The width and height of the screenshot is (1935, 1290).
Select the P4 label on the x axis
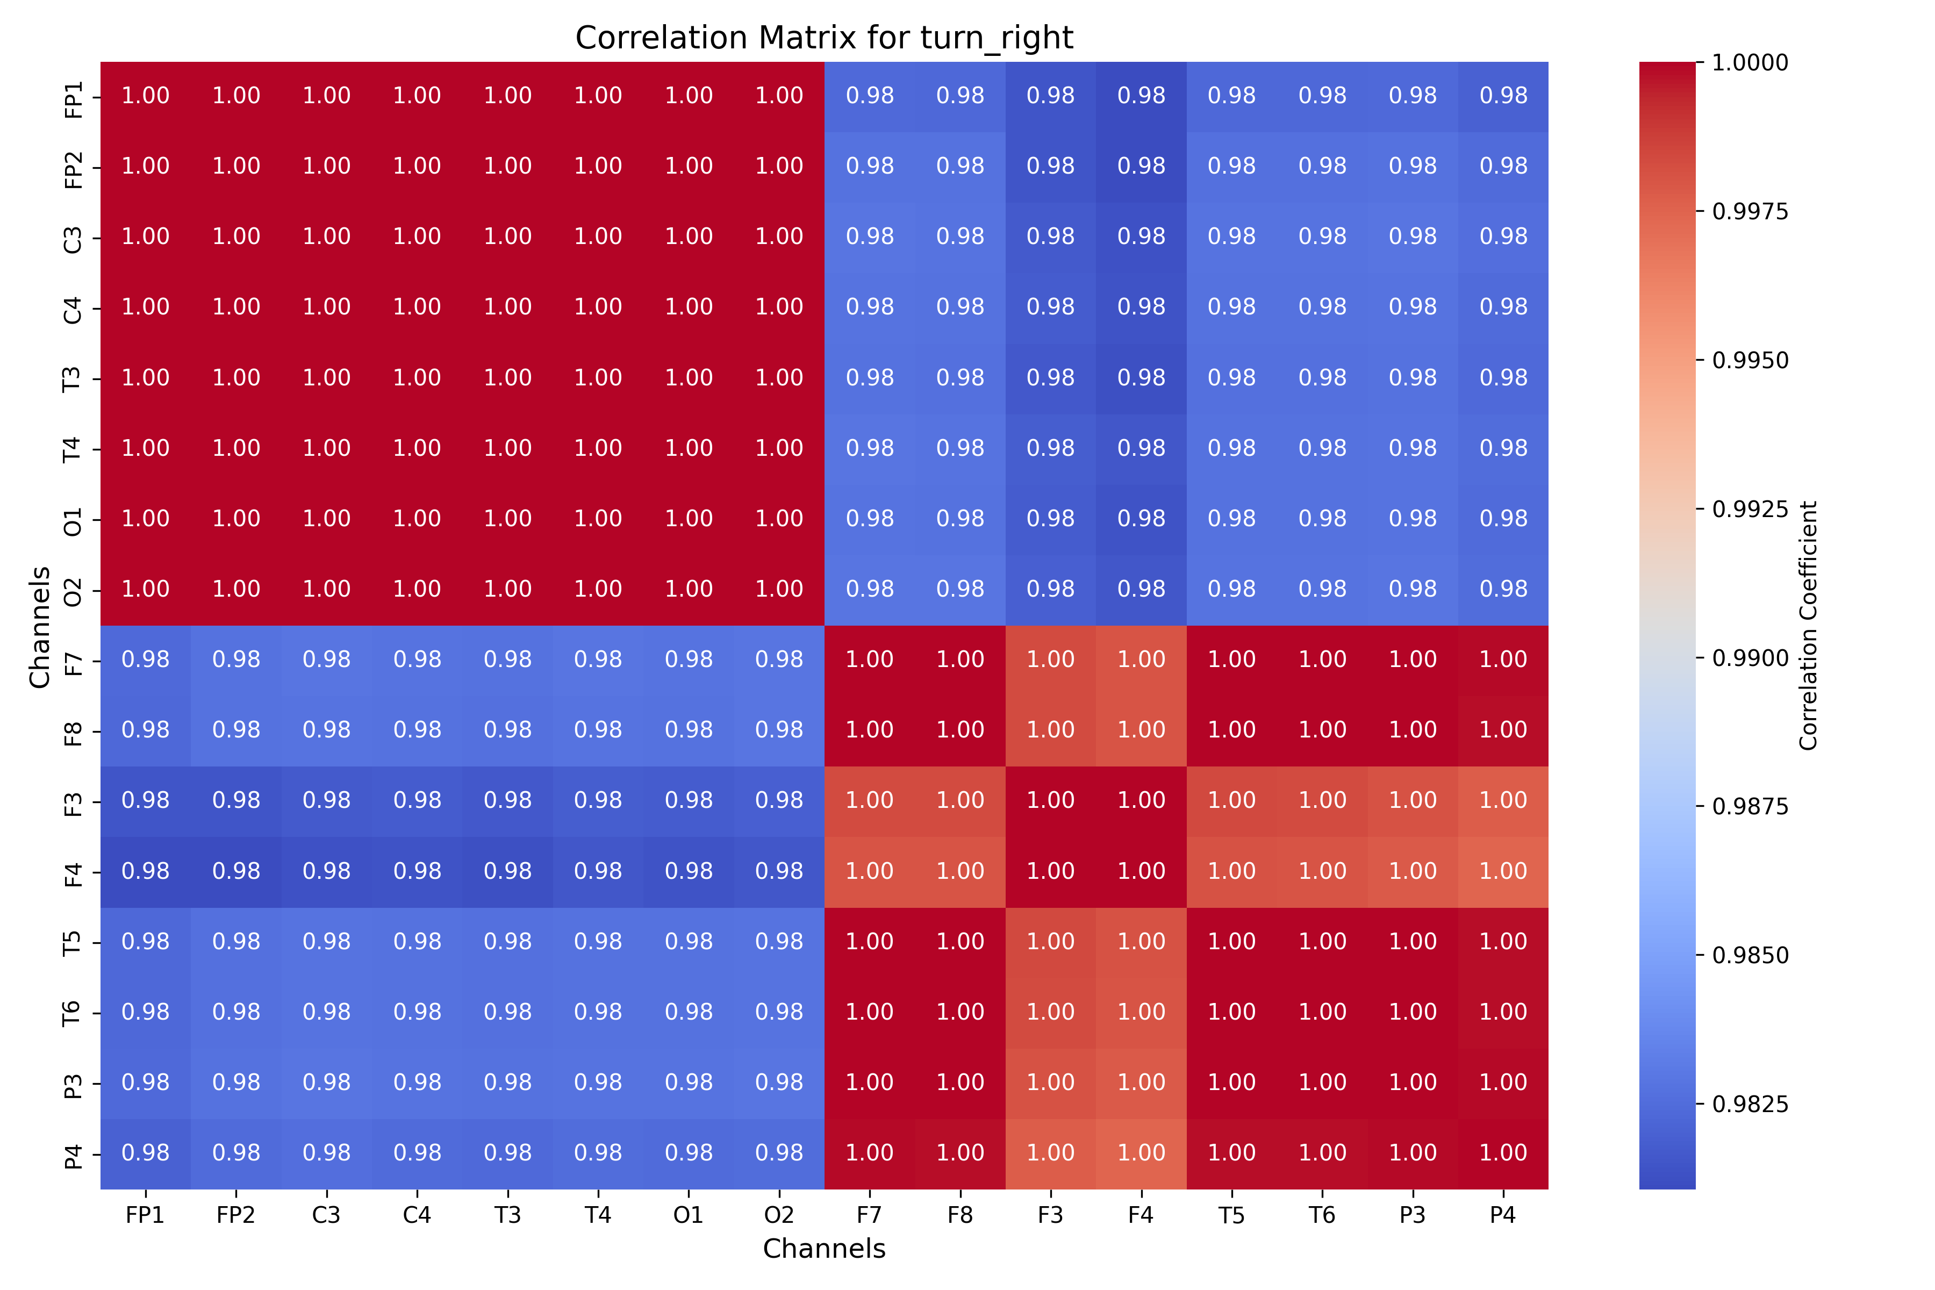click(x=1502, y=1215)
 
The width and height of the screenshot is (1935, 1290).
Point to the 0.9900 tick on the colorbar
click(x=1750, y=658)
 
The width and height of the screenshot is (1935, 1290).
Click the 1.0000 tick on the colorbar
click(x=1750, y=62)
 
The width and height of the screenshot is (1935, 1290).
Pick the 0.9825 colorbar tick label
click(x=1750, y=1104)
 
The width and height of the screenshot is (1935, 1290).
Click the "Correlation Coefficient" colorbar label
click(x=1808, y=625)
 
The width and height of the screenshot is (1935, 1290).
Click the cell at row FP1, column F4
click(x=1141, y=96)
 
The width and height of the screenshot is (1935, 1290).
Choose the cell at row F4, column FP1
click(x=146, y=872)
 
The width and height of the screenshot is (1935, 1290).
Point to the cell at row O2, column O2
click(x=779, y=590)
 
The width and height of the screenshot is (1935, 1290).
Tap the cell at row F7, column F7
click(x=870, y=661)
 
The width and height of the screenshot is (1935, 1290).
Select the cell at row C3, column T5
click(x=1231, y=238)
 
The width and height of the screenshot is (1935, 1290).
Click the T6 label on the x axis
click(x=1322, y=1215)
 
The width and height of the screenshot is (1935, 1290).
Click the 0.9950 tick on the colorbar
click(x=1750, y=360)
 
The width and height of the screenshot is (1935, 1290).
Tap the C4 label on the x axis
click(x=417, y=1215)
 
